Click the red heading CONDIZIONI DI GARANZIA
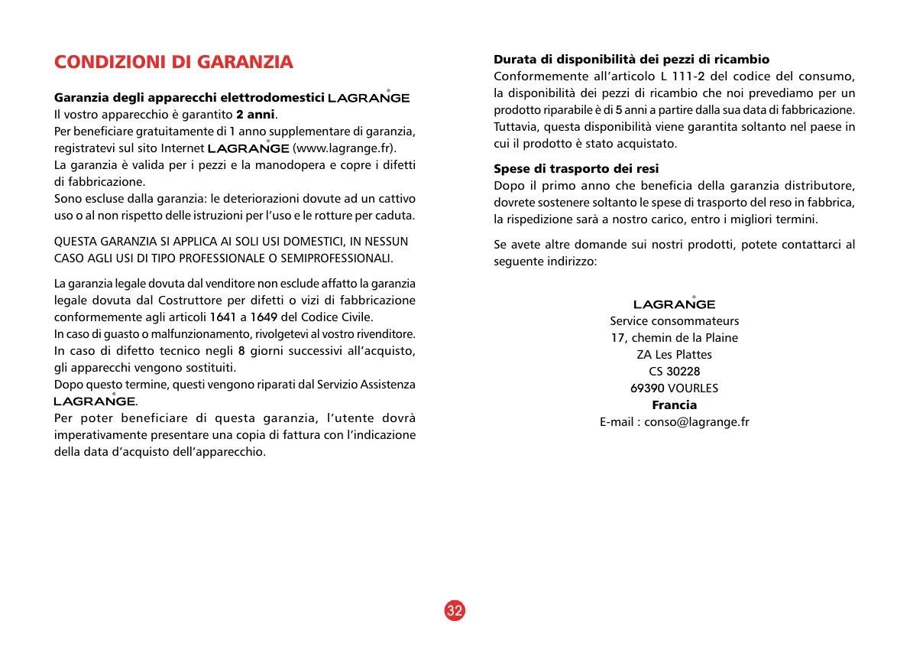tap(173, 62)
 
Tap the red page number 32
tap(455, 610)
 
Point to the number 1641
tap(222, 317)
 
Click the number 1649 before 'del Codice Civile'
tap(264, 317)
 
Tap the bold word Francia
tap(674, 405)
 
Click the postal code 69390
tap(647, 388)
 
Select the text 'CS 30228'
tap(674, 372)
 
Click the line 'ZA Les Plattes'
tap(674, 355)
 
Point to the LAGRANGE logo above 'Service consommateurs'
tap(674, 304)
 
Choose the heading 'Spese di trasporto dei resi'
tap(576, 168)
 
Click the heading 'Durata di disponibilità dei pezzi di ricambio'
tap(631, 59)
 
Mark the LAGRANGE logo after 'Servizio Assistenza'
tap(94, 401)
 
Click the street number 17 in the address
tap(617, 338)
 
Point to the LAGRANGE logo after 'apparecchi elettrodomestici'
tap(368, 98)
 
